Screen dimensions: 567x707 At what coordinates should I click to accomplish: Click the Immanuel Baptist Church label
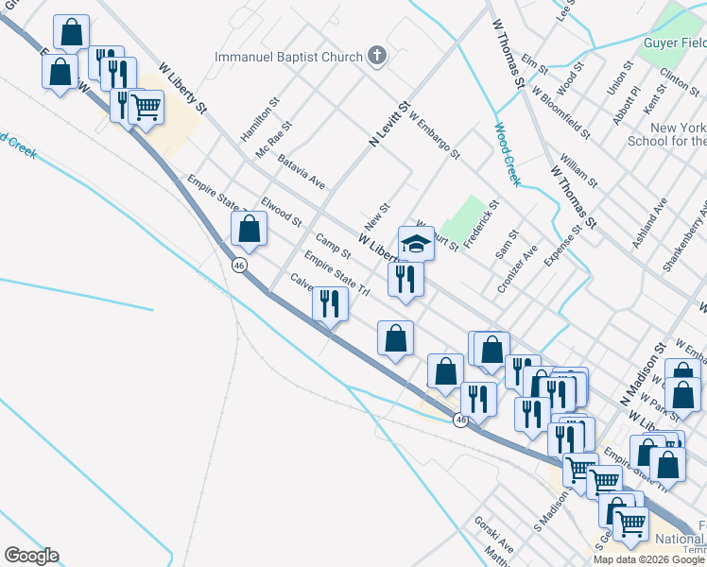[288, 57]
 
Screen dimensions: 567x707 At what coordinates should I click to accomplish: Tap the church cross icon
[377, 56]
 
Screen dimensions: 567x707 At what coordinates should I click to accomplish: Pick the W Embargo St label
[435, 136]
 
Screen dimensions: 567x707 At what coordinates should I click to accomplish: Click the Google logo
[30, 556]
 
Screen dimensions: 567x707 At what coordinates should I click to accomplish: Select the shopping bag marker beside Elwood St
[249, 229]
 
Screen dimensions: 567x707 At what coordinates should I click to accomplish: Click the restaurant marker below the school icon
[405, 279]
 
